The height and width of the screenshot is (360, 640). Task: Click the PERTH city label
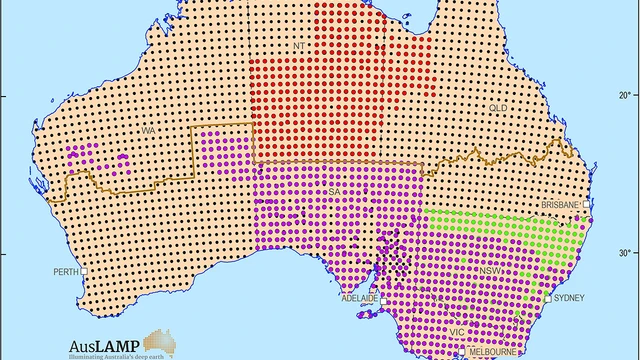[66, 271]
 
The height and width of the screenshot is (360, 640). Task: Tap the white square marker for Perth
[85, 271]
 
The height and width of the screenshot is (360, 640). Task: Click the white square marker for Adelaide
[383, 298]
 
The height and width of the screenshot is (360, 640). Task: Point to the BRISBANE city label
[559, 204]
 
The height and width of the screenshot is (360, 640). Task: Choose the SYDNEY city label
[568, 298]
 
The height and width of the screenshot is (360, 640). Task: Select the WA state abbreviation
[146, 131]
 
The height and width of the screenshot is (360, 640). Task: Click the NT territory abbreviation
[298, 45]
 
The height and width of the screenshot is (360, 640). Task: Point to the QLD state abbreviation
[498, 106]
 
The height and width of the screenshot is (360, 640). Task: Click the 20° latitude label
[623, 96]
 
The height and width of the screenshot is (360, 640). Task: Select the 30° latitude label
[623, 252]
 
